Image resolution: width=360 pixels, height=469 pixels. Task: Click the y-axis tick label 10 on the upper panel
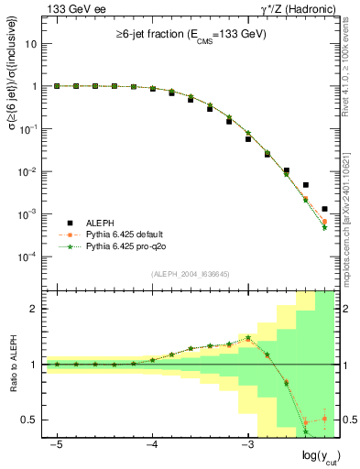[31, 43]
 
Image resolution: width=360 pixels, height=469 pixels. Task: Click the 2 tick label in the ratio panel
[36, 309]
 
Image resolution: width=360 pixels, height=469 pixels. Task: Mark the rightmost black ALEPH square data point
[325, 209]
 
